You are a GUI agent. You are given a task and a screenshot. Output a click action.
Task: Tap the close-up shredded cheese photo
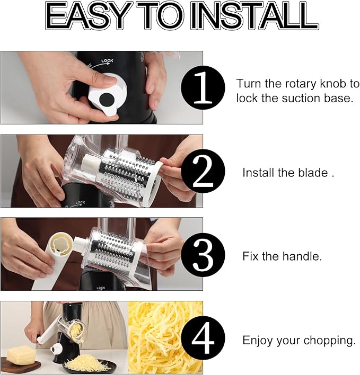pos(165,338)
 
